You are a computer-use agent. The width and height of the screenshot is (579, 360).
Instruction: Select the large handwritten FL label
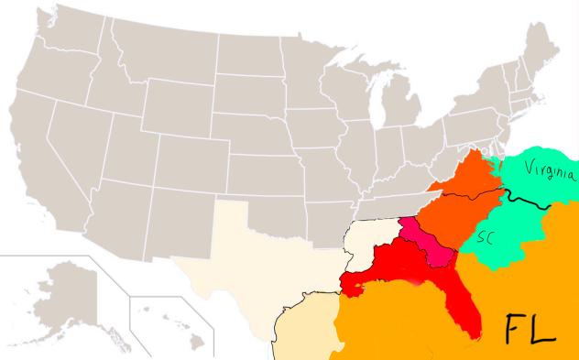tap(531, 327)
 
